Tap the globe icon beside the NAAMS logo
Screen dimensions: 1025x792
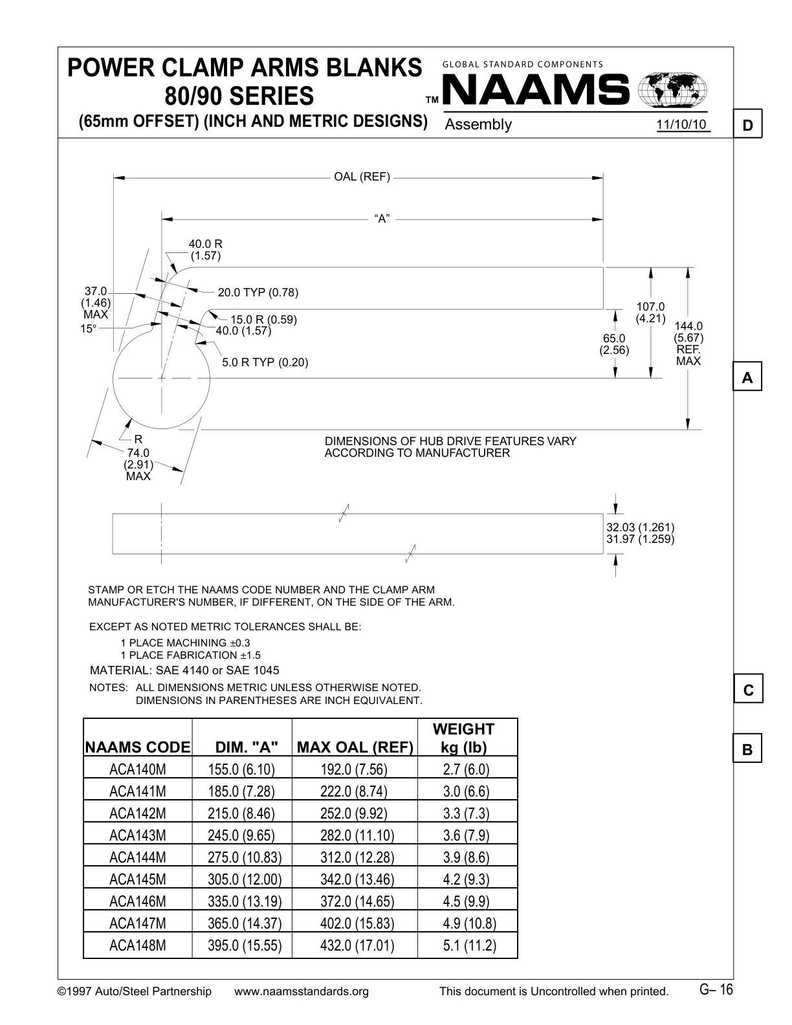point(672,90)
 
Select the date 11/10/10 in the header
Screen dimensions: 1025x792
point(682,124)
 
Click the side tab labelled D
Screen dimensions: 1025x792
point(748,125)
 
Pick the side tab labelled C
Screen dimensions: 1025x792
point(748,690)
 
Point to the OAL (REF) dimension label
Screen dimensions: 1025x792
point(362,177)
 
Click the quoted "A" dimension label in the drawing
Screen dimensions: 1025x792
point(382,219)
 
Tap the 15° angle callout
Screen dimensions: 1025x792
point(88,329)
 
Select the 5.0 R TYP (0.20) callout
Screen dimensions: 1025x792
point(265,362)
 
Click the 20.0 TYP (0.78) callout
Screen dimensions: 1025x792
point(258,292)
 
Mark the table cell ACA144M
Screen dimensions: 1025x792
point(138,857)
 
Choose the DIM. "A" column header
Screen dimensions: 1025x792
point(247,747)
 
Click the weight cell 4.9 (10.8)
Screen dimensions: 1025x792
point(469,923)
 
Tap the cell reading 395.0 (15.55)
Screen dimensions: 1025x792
point(245,945)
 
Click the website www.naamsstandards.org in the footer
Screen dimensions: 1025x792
point(301,991)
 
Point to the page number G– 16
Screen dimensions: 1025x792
point(716,989)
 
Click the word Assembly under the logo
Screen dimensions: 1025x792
point(478,124)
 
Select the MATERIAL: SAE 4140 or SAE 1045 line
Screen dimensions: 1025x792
point(184,670)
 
